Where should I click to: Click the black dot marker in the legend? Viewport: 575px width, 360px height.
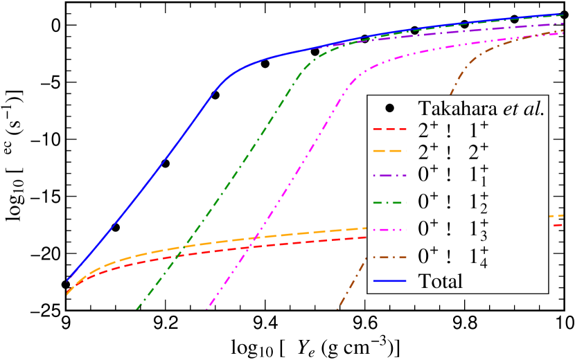[x=390, y=108]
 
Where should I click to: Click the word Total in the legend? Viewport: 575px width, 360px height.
[x=440, y=281]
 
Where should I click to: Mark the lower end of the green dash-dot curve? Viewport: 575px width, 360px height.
[x=137, y=309]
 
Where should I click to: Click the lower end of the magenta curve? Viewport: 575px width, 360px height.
[x=208, y=309]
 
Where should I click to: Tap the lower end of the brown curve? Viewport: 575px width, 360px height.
[x=337, y=309]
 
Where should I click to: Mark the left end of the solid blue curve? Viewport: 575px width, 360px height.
[x=67, y=280]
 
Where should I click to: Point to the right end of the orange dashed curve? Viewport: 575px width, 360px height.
[x=563, y=215]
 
